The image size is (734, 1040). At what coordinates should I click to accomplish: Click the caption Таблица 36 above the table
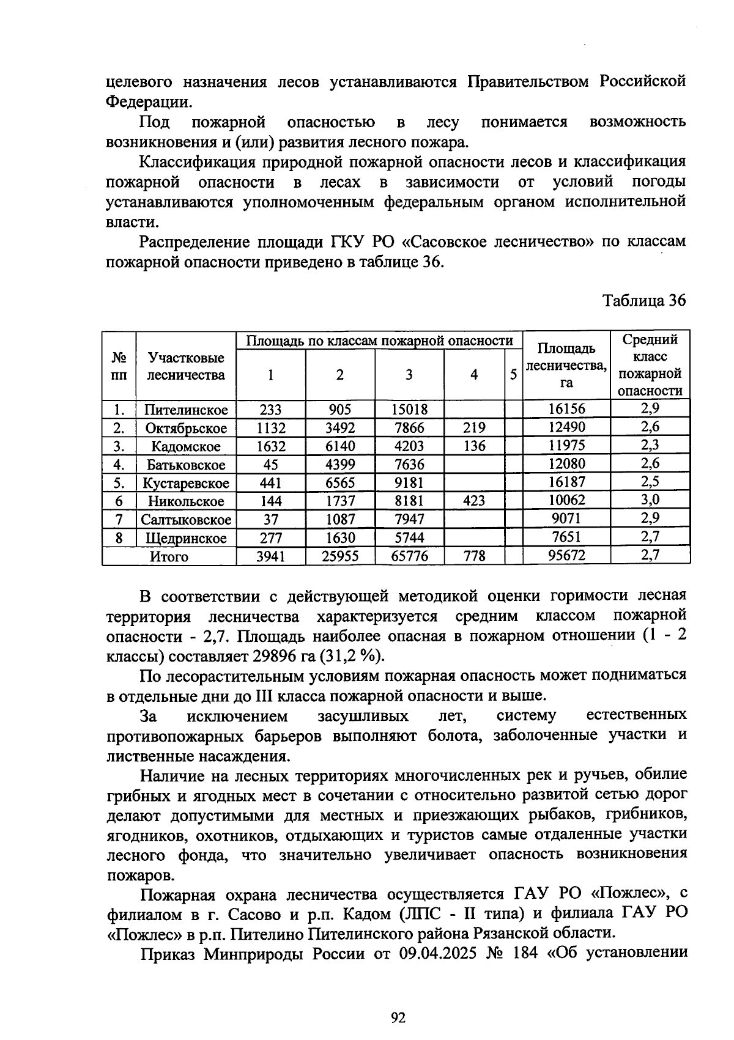(x=644, y=301)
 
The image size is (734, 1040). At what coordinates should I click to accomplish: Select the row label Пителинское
(x=186, y=410)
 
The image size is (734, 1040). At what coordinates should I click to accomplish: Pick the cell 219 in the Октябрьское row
(x=474, y=428)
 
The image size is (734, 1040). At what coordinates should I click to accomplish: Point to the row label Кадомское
(x=186, y=446)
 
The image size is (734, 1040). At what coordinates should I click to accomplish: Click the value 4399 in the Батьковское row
(x=339, y=465)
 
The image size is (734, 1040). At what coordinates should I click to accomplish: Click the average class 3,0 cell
(x=650, y=500)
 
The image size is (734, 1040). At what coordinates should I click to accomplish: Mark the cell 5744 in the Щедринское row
(x=409, y=538)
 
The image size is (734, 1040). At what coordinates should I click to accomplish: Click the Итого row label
(x=169, y=556)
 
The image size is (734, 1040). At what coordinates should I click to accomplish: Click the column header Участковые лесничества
(x=186, y=366)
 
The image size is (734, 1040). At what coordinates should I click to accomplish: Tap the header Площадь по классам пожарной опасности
(x=379, y=341)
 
